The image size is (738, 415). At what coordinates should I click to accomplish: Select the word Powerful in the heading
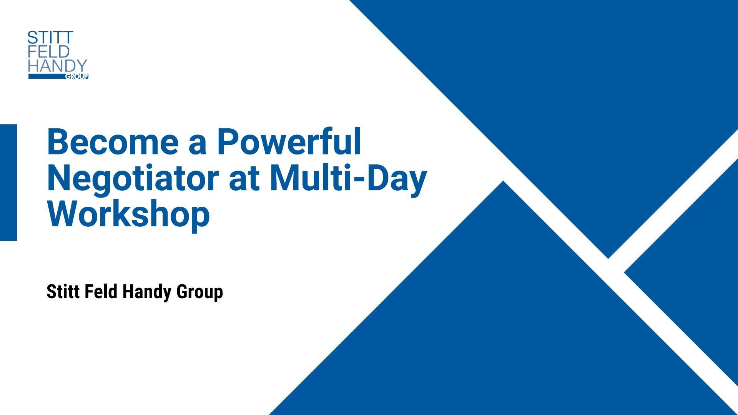click(289, 141)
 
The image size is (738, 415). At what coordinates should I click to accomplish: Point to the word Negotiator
click(133, 179)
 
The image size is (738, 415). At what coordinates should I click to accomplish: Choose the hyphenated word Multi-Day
click(348, 178)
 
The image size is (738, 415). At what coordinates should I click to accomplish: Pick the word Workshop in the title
click(129, 215)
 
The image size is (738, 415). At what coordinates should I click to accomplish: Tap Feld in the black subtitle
click(101, 292)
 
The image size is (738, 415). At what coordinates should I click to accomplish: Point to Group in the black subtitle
click(199, 293)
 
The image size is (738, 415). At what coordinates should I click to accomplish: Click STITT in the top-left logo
click(50, 38)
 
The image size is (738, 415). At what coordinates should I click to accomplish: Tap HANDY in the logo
click(58, 66)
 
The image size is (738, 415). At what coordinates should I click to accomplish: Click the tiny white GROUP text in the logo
click(77, 76)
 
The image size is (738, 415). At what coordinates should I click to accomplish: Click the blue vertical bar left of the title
click(8, 183)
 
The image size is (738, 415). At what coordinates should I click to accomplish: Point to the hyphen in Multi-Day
click(359, 180)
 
